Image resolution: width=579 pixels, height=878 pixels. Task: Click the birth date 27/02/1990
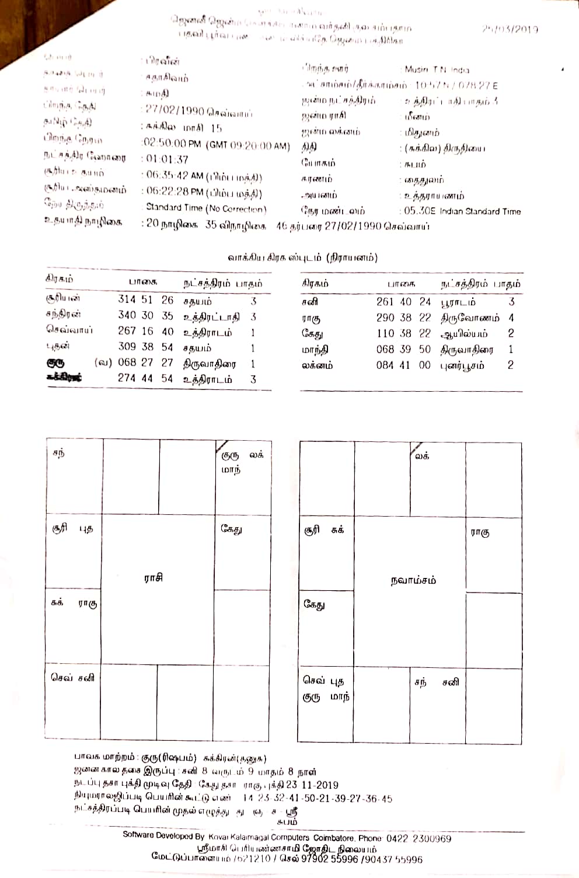(174, 112)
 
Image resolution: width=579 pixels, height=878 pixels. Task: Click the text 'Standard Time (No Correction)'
(206, 208)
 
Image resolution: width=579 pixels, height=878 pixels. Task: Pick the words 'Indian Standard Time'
(480, 211)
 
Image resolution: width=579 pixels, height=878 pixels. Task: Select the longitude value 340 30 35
(145, 315)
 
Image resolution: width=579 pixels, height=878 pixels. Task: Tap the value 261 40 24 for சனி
(403, 302)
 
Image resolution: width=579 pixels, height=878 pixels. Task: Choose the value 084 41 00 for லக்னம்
(403, 365)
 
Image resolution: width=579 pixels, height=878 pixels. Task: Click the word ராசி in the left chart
(153, 578)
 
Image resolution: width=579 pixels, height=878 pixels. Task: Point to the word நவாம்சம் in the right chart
(413, 581)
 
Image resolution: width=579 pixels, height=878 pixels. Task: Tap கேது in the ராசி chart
(231, 529)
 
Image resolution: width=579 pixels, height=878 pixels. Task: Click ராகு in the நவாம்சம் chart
(480, 532)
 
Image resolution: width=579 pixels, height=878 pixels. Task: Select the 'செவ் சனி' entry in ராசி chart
(72, 678)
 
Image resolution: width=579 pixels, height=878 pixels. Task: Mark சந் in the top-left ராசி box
(58, 452)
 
